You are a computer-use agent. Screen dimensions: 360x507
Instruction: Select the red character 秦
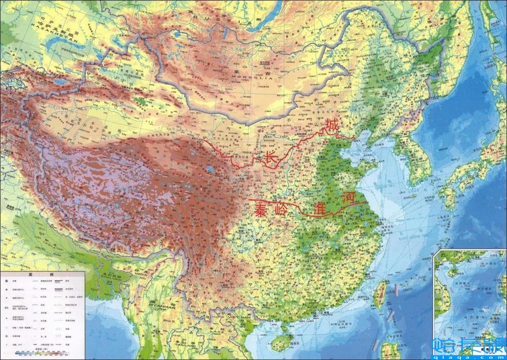pyautogui.click(x=262, y=210)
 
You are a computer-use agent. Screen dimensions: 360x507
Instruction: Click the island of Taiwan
pyautogui.click(x=379, y=295)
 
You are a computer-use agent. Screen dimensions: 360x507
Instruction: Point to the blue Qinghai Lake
pyautogui.click(x=210, y=169)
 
